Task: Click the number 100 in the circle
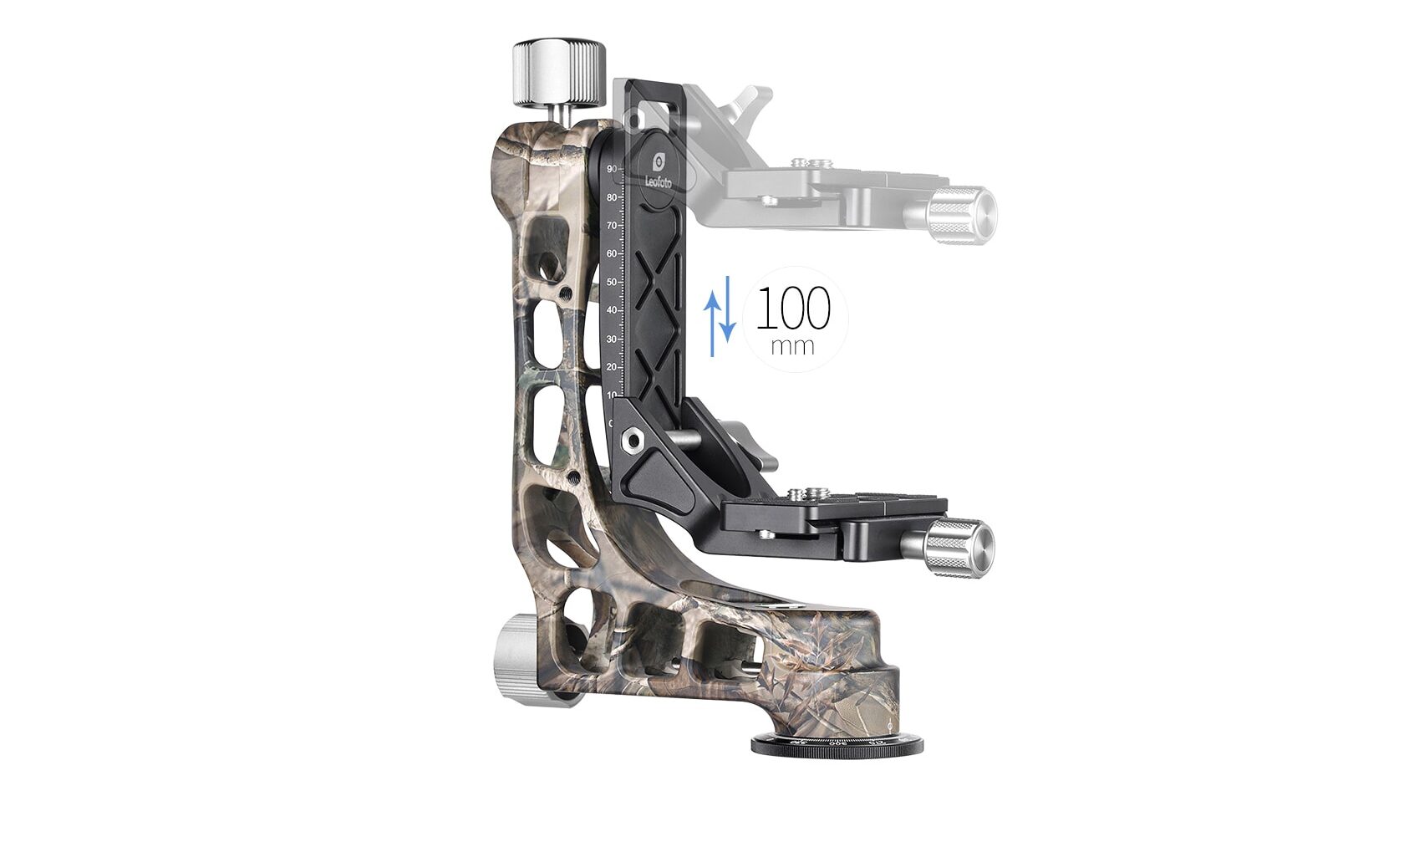(x=793, y=309)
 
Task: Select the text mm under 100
(x=791, y=345)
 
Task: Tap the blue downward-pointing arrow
(x=728, y=309)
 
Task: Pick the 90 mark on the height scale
(x=613, y=169)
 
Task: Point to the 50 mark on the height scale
(x=613, y=282)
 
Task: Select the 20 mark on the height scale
(x=613, y=367)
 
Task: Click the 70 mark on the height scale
(x=613, y=225)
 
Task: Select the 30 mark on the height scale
(x=613, y=339)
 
